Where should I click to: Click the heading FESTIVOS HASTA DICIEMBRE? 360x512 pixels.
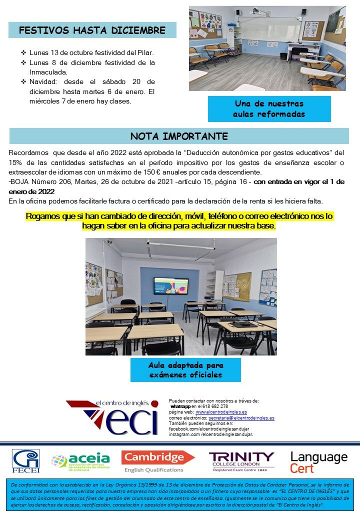(x=92, y=30)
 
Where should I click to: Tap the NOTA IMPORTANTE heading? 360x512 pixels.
(x=179, y=136)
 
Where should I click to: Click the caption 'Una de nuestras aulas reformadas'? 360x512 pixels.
(x=269, y=109)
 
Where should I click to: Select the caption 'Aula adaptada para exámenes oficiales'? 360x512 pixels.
(x=185, y=370)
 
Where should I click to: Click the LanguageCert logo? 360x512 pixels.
(x=318, y=461)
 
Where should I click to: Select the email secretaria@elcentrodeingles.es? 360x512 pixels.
(x=241, y=417)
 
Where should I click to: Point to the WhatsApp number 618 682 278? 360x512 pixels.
(x=213, y=406)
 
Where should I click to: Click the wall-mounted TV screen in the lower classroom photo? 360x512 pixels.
(x=171, y=285)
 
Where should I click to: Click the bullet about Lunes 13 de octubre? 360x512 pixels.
(x=91, y=52)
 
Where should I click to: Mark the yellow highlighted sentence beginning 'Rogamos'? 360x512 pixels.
(x=179, y=221)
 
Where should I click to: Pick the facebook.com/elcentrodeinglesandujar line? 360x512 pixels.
(x=211, y=429)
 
